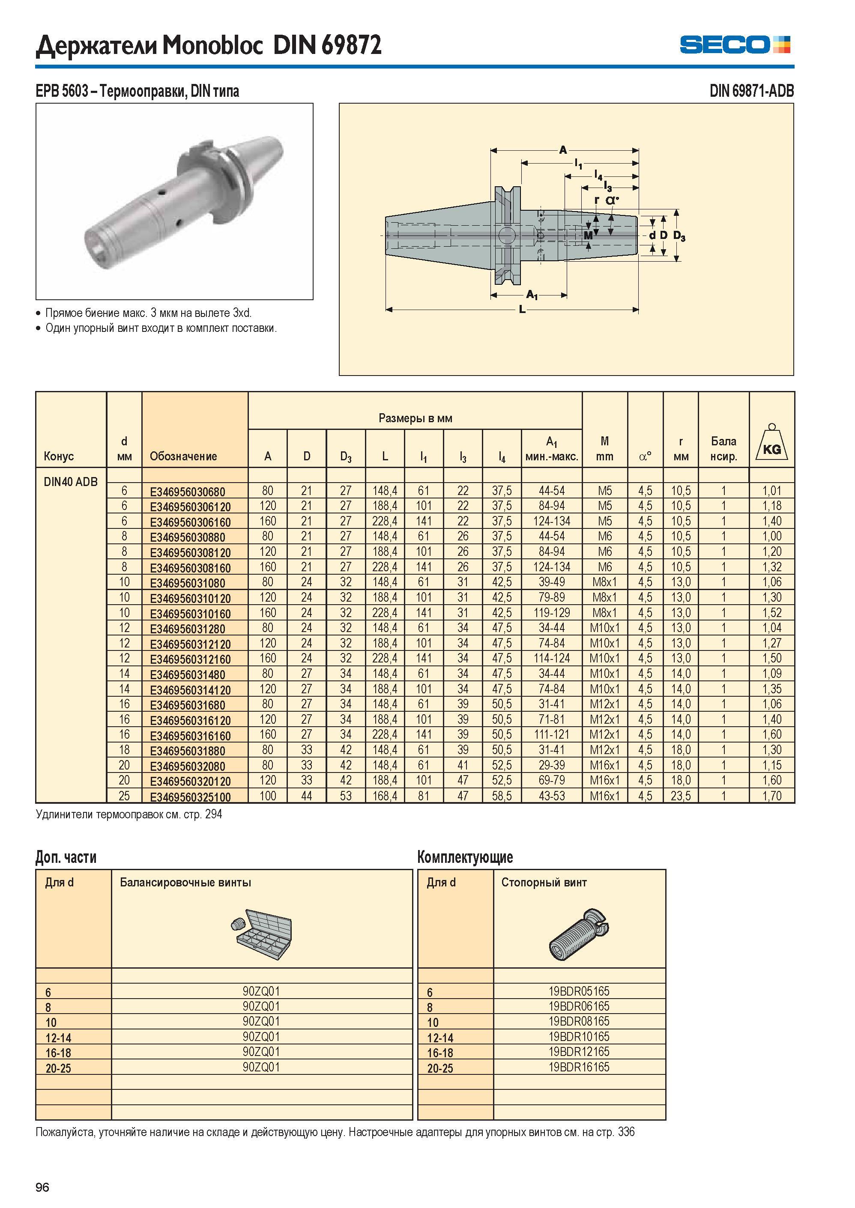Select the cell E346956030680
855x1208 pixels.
(188, 492)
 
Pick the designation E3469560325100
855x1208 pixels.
(190, 797)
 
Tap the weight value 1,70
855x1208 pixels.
(772, 796)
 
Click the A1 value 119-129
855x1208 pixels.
(551, 613)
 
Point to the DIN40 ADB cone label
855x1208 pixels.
(71, 482)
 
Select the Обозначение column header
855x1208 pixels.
(183, 456)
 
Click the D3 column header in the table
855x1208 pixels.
(345, 457)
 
